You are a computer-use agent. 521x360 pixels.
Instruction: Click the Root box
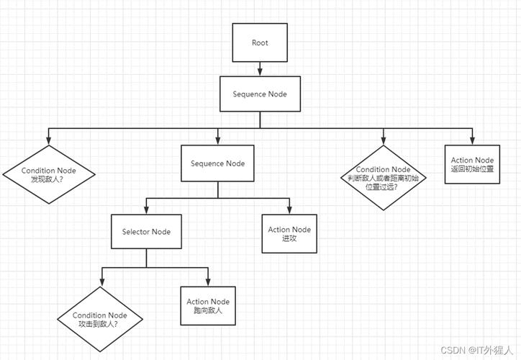click(260, 42)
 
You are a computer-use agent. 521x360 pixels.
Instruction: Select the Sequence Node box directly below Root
click(260, 94)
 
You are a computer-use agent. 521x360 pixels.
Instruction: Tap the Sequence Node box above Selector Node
click(218, 163)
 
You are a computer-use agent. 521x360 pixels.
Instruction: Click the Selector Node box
click(146, 231)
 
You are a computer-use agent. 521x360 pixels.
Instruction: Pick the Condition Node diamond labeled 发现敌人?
click(49, 174)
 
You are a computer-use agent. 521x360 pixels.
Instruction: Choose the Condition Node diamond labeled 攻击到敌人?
click(100, 319)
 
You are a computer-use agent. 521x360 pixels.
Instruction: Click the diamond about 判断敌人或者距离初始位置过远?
click(383, 177)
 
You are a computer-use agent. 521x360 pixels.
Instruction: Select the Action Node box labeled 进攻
click(289, 234)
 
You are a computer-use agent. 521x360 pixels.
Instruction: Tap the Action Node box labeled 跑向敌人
click(208, 305)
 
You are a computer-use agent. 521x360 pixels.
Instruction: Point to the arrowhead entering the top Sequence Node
click(260, 73)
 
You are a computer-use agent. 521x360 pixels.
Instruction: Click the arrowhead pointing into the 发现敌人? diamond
click(49, 141)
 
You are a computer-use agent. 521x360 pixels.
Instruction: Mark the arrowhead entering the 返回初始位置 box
click(472, 140)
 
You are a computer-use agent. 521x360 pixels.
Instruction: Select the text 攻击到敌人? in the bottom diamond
click(100, 324)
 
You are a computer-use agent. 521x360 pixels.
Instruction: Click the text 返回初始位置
click(472, 168)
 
